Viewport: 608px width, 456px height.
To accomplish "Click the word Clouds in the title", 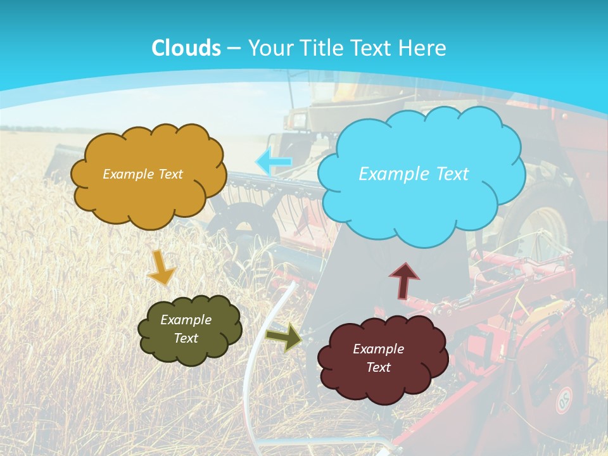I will (186, 48).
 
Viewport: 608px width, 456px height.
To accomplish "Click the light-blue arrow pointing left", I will (274, 161).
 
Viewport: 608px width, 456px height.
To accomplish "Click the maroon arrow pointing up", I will (404, 281).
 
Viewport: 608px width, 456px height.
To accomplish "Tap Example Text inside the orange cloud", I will (142, 174).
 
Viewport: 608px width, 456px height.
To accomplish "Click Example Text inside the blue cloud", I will (414, 174).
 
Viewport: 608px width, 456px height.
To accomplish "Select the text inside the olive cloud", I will (186, 329).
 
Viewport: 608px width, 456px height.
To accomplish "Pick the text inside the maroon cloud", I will (379, 358).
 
